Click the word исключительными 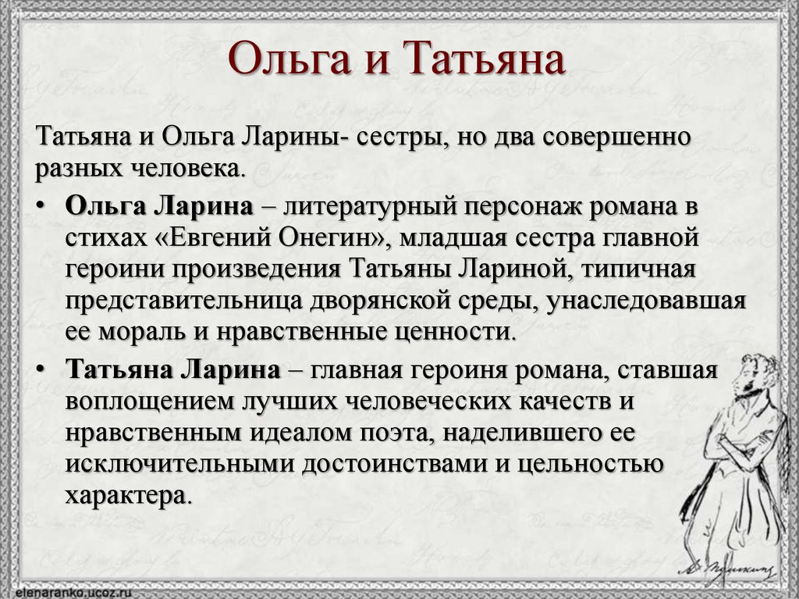click(x=179, y=465)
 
